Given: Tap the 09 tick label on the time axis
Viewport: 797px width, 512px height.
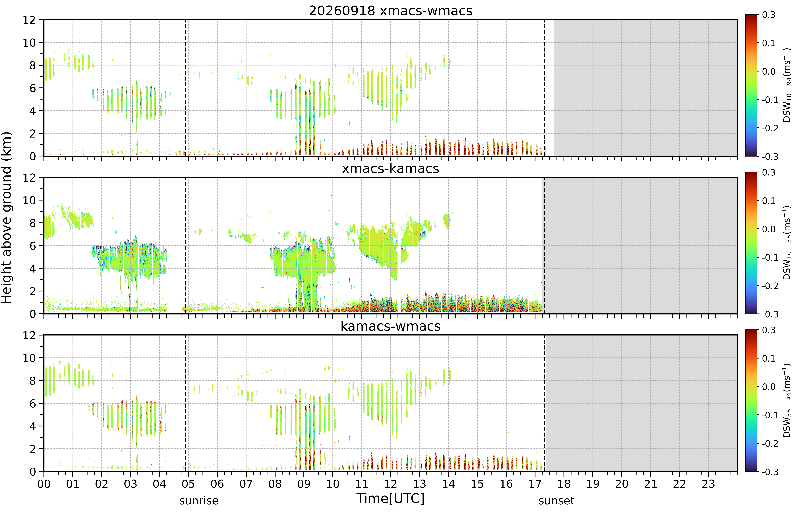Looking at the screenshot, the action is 304,484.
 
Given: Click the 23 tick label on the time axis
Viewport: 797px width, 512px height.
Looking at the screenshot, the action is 708,484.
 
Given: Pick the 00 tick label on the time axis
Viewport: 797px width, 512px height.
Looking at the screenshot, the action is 44,484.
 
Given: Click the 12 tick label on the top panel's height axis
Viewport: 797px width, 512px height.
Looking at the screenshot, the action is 29,20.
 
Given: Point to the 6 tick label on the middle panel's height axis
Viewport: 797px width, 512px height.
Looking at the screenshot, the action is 33,246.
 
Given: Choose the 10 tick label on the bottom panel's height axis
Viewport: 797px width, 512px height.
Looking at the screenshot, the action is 29,358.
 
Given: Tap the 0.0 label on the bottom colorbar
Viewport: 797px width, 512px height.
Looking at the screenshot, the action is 768,387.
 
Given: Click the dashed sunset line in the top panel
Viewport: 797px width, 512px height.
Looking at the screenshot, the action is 545,88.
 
